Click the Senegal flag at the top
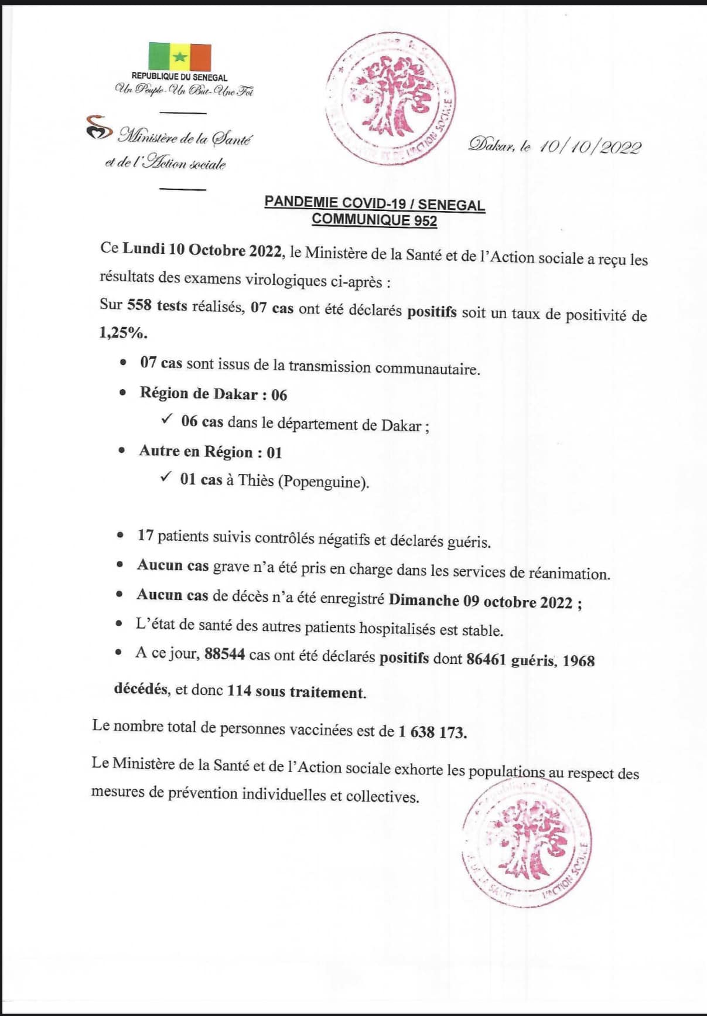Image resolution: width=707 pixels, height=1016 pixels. [179, 57]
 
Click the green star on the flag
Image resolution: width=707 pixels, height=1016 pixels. [180, 57]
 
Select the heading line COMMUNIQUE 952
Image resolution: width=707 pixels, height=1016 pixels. [374, 220]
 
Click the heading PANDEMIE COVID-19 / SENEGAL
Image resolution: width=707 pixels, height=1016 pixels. [374, 203]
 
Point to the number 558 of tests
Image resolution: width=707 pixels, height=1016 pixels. [139, 305]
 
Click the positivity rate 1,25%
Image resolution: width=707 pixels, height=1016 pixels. [123, 333]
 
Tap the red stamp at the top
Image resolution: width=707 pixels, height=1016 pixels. [391, 98]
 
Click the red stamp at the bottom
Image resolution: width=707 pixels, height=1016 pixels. [527, 842]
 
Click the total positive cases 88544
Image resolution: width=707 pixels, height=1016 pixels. [224, 654]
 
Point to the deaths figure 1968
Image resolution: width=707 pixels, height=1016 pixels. [579, 661]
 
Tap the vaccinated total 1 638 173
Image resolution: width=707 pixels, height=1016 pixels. [432, 732]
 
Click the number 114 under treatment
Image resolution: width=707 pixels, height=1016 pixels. [239, 691]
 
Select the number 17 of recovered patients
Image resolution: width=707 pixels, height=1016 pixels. [145, 535]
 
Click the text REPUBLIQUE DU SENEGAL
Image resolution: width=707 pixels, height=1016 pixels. [179, 77]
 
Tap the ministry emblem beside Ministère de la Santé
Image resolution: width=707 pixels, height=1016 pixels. [98, 127]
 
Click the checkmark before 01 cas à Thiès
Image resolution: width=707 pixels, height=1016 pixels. [166, 477]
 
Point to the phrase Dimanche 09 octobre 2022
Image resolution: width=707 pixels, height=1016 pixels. [480, 601]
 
